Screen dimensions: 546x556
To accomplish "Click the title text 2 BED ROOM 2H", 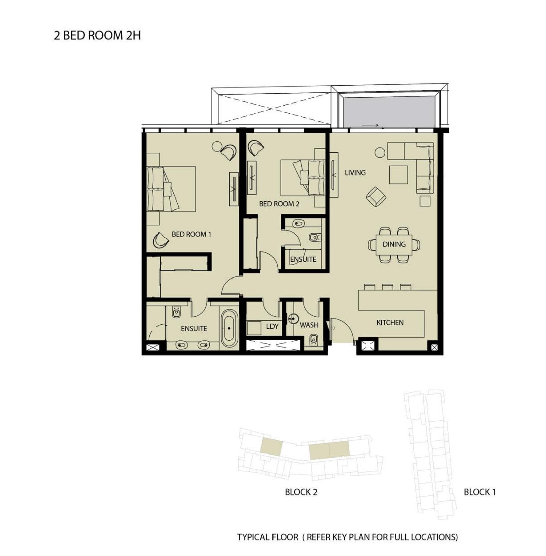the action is pyautogui.click(x=97, y=35).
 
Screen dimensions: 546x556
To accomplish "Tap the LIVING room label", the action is pyautogui.click(x=355, y=173).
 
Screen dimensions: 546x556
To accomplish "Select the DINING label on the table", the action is pyautogui.click(x=394, y=244).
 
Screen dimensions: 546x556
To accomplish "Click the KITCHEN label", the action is pyautogui.click(x=390, y=323).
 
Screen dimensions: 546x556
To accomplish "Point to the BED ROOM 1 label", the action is pyautogui.click(x=191, y=234).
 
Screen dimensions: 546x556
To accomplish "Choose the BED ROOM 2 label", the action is pyautogui.click(x=279, y=204).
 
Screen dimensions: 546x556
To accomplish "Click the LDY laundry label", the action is pyautogui.click(x=272, y=326).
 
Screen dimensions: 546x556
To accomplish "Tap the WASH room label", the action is pyautogui.click(x=309, y=325).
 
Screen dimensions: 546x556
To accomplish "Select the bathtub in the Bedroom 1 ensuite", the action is pyautogui.click(x=229, y=328).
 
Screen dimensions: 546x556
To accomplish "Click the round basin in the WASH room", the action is pyautogui.click(x=293, y=319).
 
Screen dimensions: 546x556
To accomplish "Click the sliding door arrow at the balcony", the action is pyautogui.click(x=370, y=125).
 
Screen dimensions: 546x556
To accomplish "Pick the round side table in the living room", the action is pyautogui.click(x=380, y=153).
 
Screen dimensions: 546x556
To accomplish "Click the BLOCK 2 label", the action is pyautogui.click(x=301, y=492).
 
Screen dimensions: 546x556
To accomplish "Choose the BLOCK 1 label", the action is pyautogui.click(x=480, y=492).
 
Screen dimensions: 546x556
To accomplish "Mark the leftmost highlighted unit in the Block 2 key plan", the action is pyautogui.click(x=271, y=447).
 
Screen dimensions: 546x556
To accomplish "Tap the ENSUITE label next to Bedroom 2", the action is pyautogui.click(x=303, y=259).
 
